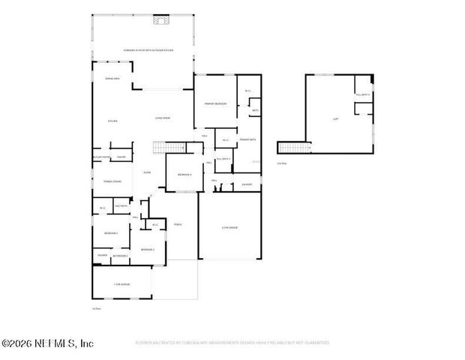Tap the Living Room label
163,118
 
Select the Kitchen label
113,121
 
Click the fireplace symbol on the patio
159,20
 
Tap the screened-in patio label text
148,50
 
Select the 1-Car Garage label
121,284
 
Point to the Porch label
178,223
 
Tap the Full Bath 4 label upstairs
363,95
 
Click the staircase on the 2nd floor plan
292,147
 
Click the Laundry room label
247,184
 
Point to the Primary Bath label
248,140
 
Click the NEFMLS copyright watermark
46,343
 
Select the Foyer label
148,172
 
